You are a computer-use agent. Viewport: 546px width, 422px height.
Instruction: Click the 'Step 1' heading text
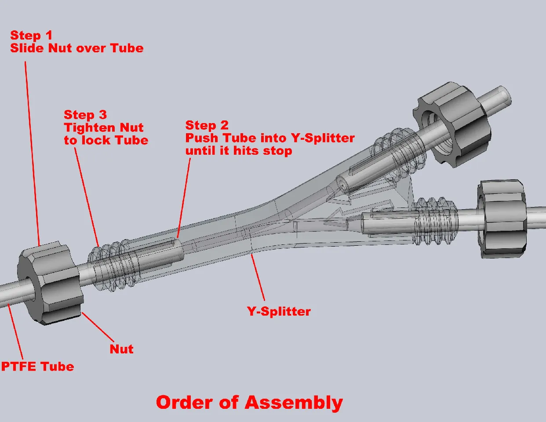coord(31,35)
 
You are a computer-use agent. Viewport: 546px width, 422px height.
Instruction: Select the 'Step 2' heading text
coord(207,125)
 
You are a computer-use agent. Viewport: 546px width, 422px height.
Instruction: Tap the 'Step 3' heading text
coord(85,115)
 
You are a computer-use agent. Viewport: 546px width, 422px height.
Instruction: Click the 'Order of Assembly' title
coord(249,403)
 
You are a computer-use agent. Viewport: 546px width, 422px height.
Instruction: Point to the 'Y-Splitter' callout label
coord(279,311)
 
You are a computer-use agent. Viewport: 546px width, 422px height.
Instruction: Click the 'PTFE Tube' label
coord(37,366)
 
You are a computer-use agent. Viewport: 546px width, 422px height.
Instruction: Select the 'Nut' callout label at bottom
coord(121,349)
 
